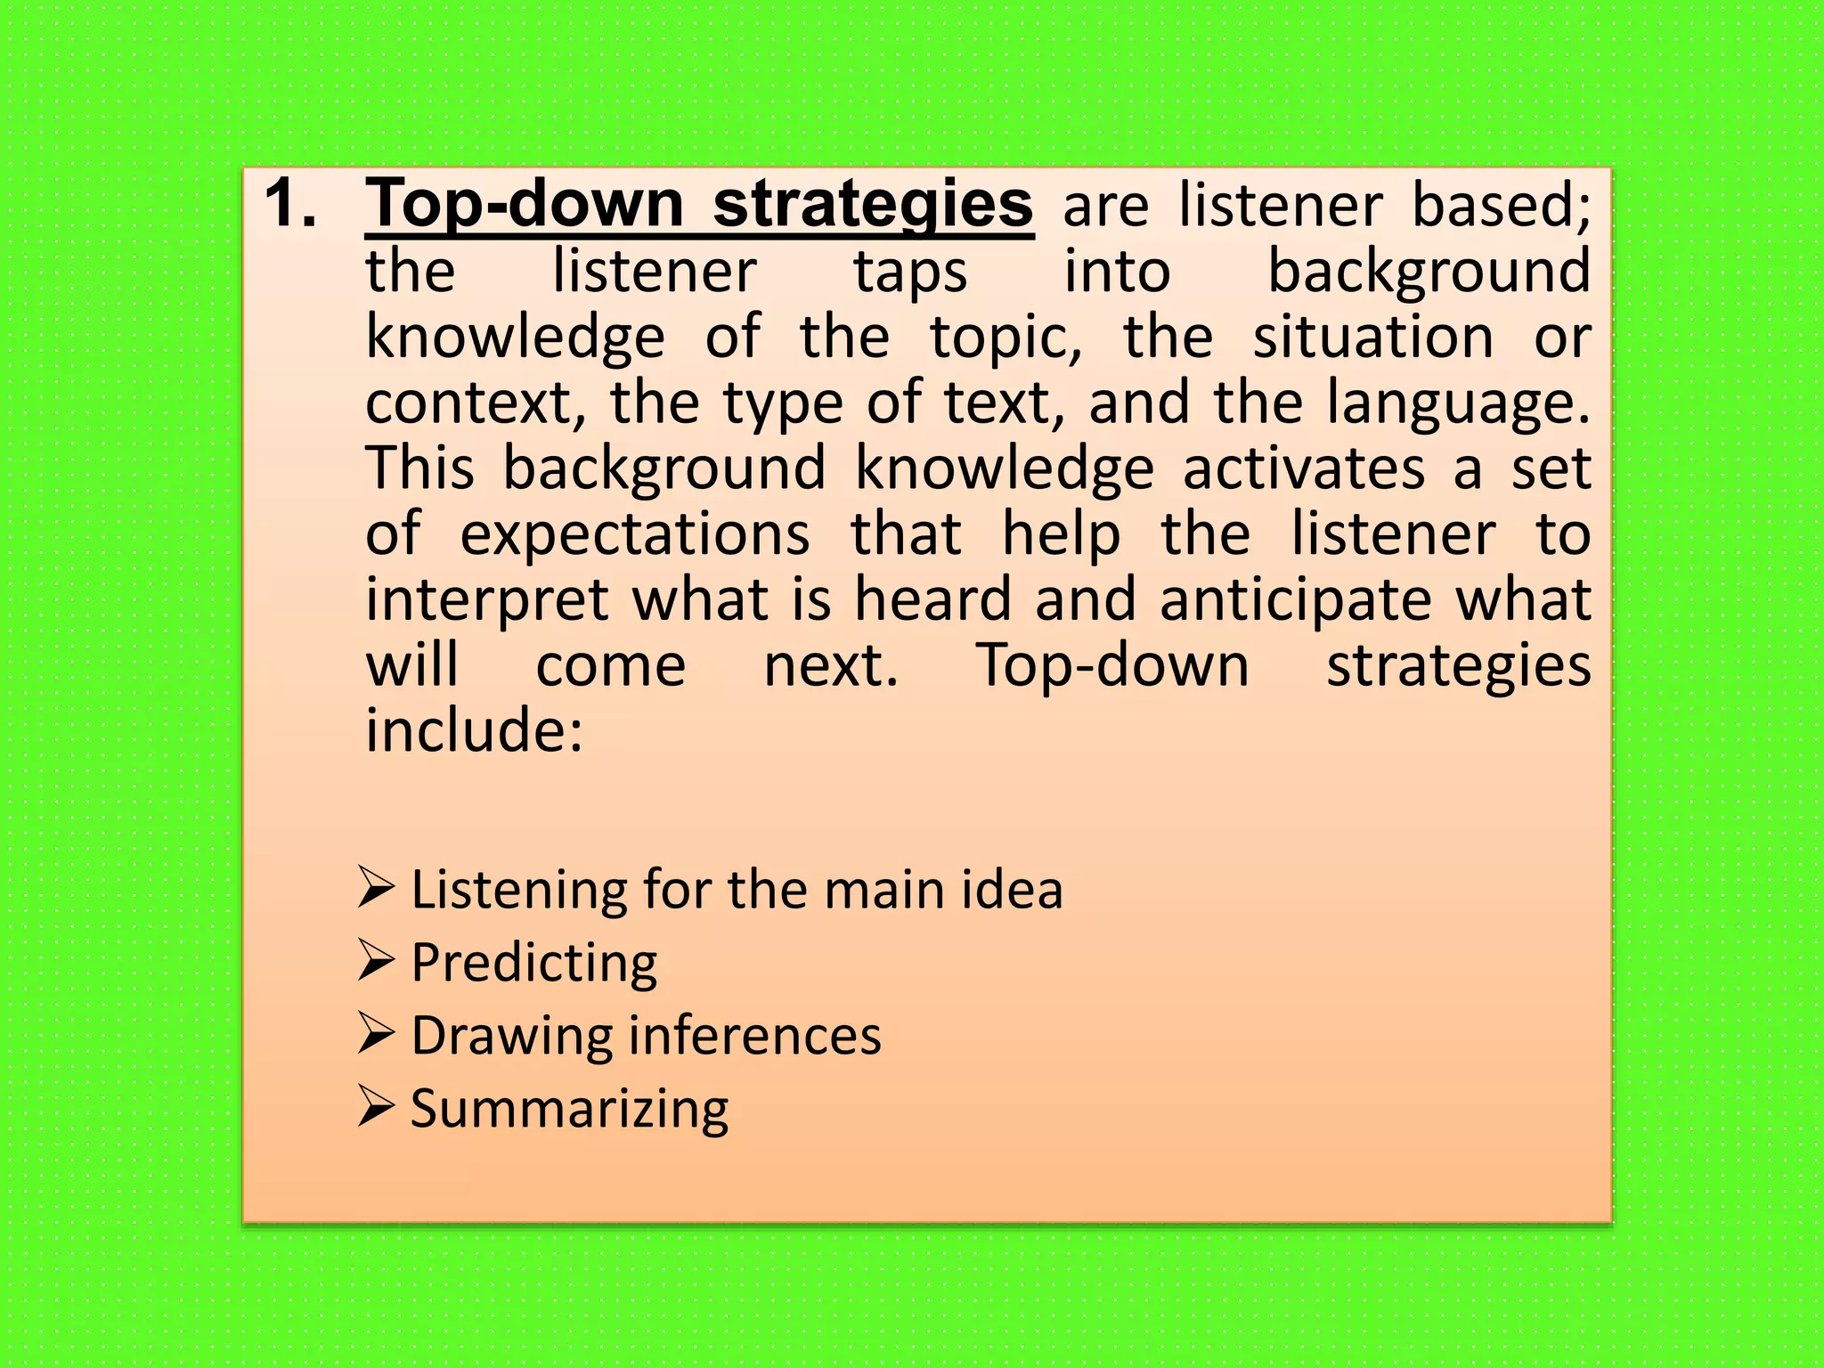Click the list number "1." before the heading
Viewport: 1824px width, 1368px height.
tap(290, 204)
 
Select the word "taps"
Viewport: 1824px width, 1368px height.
tap(910, 273)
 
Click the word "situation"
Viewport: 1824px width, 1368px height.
tap(1372, 338)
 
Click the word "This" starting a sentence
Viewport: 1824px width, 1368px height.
tap(419, 468)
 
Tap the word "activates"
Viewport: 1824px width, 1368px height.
tap(1303, 469)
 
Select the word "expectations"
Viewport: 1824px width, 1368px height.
tap(635, 535)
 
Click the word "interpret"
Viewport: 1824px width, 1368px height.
tap(486, 600)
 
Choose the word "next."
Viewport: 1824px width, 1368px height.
tap(831, 666)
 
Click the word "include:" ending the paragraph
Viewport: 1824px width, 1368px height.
tap(474, 731)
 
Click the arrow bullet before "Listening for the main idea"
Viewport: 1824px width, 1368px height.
tap(376, 888)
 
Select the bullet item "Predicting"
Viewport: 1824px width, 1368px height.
tap(533, 963)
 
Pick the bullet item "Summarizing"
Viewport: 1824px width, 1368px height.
tap(569, 1109)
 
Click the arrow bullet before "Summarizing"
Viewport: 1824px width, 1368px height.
tap(376, 1107)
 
